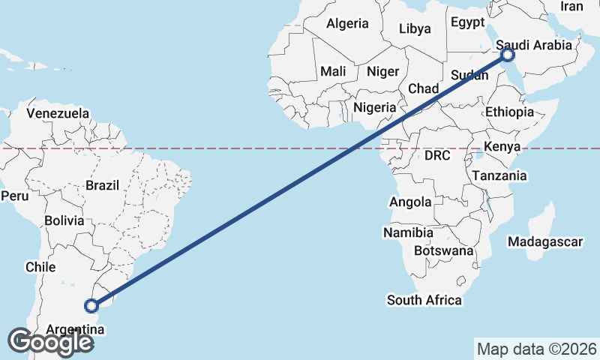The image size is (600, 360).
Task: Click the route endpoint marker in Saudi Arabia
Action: [508, 55]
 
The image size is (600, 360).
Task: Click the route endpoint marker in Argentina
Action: [91, 305]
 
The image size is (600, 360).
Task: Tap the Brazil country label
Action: [103, 185]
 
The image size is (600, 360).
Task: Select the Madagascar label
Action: [545, 241]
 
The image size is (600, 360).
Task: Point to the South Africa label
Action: [424, 300]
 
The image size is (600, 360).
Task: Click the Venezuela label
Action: [58, 113]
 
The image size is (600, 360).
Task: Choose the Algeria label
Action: [347, 23]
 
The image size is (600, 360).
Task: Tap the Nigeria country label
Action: [375, 107]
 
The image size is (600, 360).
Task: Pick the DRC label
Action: [436, 156]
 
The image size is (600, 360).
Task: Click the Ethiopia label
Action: [509, 112]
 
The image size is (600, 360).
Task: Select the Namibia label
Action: [408, 232]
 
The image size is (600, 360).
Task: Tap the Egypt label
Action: [468, 22]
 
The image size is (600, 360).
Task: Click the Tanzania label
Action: [499, 175]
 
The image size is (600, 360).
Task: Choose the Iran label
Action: [571, 6]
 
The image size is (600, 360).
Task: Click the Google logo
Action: [50, 341]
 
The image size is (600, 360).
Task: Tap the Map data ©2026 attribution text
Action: [536, 349]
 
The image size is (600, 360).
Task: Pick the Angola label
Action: [410, 202]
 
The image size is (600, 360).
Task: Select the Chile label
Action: [40, 267]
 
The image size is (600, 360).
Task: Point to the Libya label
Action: [415, 29]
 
